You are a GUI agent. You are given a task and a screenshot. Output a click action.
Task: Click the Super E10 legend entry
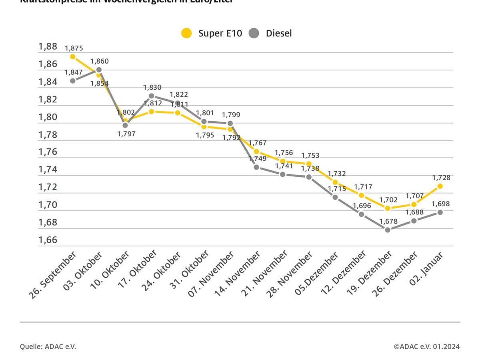pos(211,33)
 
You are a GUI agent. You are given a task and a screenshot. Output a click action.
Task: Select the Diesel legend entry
pos(270,33)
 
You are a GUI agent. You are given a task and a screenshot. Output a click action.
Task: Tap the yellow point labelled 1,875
pos(73,56)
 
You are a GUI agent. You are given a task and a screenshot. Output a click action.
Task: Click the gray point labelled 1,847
pos(73,80)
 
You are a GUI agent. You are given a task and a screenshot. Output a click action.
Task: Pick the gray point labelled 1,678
pos(387,230)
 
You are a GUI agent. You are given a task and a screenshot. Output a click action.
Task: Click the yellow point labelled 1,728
pos(440,186)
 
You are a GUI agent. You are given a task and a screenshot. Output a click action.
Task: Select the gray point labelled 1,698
pos(440,212)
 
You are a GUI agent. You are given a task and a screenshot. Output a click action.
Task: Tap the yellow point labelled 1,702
pos(387,208)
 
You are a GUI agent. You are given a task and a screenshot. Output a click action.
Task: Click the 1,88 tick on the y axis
pos(48,47)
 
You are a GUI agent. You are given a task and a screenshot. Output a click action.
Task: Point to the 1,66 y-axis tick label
pos(48,240)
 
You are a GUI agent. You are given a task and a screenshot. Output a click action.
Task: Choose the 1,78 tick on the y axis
pos(48,135)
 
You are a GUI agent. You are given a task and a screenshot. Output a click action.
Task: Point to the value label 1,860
pos(99,61)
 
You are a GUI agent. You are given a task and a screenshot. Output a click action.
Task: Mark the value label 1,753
pos(310,156)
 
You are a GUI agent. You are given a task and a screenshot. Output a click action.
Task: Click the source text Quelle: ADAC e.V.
pos(48,346)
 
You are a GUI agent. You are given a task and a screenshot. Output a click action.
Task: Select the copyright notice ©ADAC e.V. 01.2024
pos(426,346)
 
